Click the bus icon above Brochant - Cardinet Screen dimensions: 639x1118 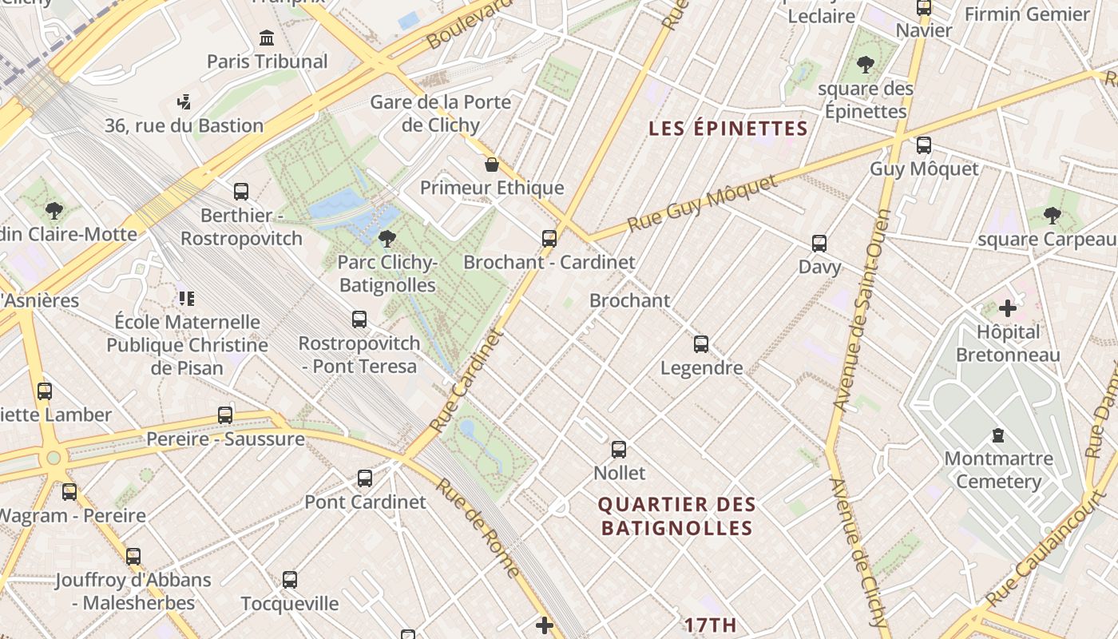pyautogui.click(x=549, y=238)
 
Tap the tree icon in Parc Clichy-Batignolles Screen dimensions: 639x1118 pyautogui.click(x=387, y=238)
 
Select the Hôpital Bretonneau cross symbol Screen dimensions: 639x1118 pyautogui.click(x=1008, y=308)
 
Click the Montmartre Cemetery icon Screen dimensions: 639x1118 pyautogui.click(x=997, y=435)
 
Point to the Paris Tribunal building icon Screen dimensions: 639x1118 pyautogui.click(x=267, y=38)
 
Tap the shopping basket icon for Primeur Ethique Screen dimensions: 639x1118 pyautogui.click(x=492, y=165)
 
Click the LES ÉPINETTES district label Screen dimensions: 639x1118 pyautogui.click(x=728, y=129)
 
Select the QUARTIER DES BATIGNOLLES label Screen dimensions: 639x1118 pyautogui.click(x=676, y=516)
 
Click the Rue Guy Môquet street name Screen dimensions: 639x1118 pyautogui.click(x=702, y=204)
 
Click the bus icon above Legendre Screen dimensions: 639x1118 pyautogui.click(x=700, y=344)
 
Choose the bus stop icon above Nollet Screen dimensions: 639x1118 pyautogui.click(x=619, y=450)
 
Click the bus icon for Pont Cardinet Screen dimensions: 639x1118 pyautogui.click(x=365, y=478)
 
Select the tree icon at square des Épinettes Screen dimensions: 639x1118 pyautogui.click(x=865, y=65)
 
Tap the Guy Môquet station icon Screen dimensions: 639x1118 pyautogui.click(x=924, y=145)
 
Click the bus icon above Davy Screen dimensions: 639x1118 pyautogui.click(x=819, y=244)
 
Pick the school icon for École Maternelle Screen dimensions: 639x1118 pyautogui.click(x=187, y=299)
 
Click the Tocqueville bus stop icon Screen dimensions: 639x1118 pyautogui.click(x=290, y=580)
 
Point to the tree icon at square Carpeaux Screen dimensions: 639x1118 pyautogui.click(x=1052, y=215)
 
